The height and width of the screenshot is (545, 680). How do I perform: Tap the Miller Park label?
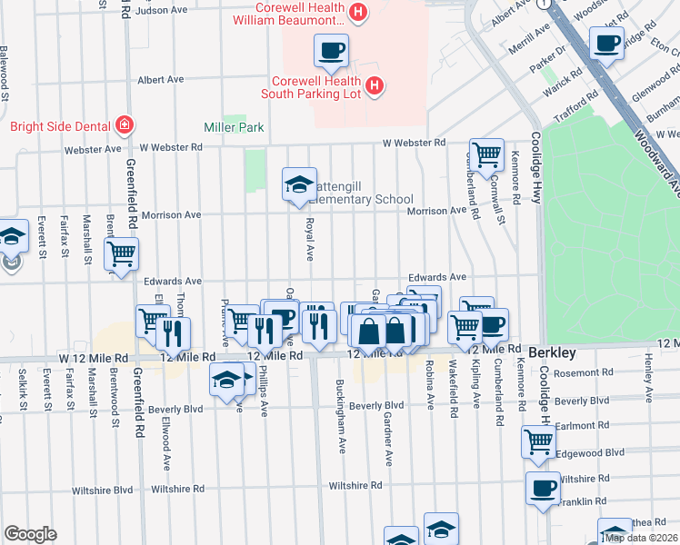point(234,128)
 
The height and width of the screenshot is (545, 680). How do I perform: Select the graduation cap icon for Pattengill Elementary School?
point(299,184)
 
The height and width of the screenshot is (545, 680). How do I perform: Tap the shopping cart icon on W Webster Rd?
point(486,154)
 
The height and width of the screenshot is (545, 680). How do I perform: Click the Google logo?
point(29,534)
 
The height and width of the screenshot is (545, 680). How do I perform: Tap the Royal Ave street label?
point(310,236)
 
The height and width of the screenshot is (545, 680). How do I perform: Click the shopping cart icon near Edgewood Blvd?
point(537,442)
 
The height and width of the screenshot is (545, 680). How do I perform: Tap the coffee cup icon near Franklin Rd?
point(544,487)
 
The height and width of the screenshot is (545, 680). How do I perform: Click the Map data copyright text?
point(641,537)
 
